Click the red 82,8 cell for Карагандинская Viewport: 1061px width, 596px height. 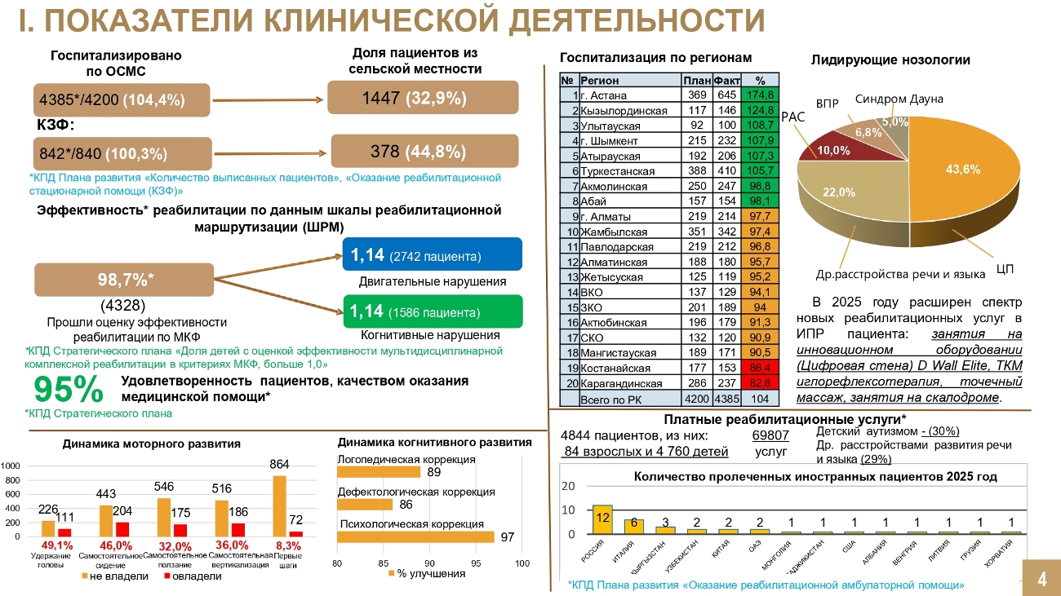[x=760, y=383]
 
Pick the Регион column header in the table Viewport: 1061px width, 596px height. [x=600, y=81]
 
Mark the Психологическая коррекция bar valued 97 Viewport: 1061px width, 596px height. [x=415, y=536]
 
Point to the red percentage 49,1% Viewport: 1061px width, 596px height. [x=57, y=545]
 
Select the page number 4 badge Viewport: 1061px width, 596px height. [x=1041, y=579]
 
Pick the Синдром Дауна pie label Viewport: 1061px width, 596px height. [x=899, y=99]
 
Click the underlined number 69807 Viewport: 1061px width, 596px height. [x=770, y=435]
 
